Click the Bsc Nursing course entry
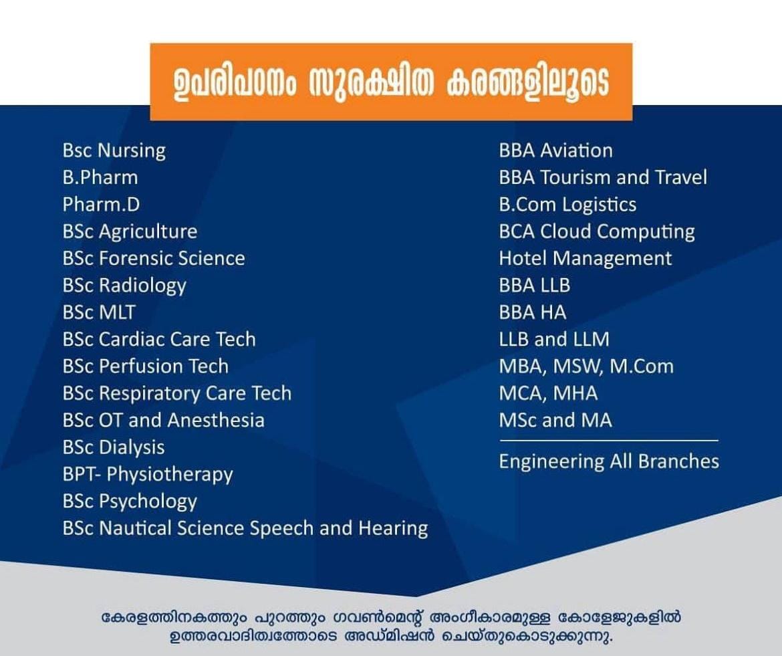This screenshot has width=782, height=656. tap(114, 150)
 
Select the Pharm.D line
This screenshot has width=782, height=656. tap(101, 205)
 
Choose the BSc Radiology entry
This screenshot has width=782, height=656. tap(124, 286)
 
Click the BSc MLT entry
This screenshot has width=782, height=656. tap(99, 312)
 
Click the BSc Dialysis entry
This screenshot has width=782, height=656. tap(114, 447)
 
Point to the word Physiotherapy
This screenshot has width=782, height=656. tap(170, 474)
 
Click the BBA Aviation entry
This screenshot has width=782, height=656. tap(555, 150)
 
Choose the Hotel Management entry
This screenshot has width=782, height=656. tap(585, 259)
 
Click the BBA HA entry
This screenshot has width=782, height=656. tap(533, 312)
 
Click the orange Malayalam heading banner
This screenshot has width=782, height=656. tap(391, 82)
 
